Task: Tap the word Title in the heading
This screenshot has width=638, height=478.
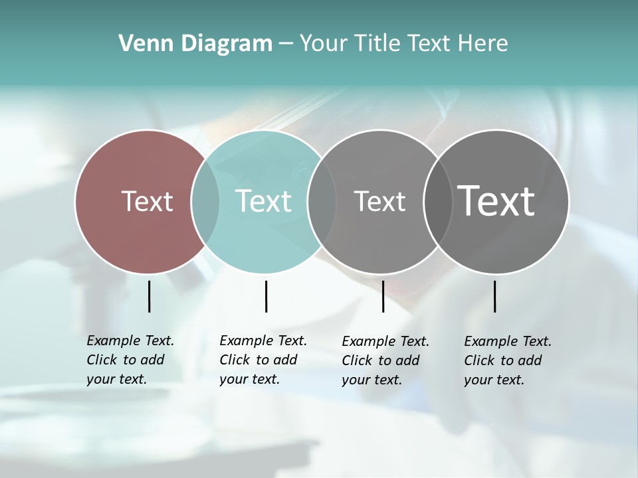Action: point(378,44)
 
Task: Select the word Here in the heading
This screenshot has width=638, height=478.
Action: point(482,44)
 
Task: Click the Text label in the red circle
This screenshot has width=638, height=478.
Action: point(147,201)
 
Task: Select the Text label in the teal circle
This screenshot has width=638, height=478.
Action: point(264,201)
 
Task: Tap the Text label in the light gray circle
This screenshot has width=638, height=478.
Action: point(379,201)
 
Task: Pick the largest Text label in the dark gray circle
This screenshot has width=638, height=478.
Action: point(496,201)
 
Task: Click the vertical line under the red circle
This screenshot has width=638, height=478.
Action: point(149,296)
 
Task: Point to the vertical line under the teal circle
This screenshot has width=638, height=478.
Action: point(266,296)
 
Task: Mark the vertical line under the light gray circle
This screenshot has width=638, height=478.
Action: point(383,296)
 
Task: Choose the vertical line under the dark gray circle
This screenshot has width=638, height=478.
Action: point(495,296)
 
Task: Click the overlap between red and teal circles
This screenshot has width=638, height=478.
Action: point(205,202)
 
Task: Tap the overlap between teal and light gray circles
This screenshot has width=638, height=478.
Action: point(322,202)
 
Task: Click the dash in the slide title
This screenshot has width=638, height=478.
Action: point(286,44)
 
